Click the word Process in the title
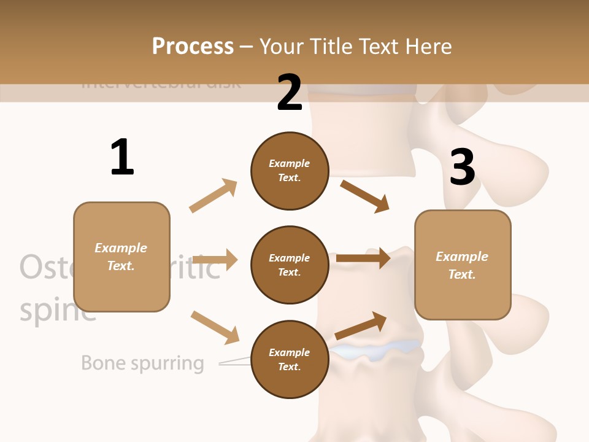(x=193, y=47)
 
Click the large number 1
(x=122, y=157)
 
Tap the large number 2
(x=290, y=93)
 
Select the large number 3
(x=462, y=167)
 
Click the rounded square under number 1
(x=121, y=257)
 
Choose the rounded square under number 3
(x=463, y=265)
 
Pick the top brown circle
(x=290, y=171)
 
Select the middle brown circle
(x=290, y=265)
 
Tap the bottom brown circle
(x=290, y=359)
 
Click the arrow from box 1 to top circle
(x=214, y=196)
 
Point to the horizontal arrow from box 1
(x=214, y=260)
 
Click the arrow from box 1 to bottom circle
(x=214, y=327)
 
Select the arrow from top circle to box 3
(x=364, y=196)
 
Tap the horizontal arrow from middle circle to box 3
(x=363, y=258)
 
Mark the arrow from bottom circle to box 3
(x=361, y=326)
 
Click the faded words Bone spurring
(x=142, y=363)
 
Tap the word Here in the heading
(x=427, y=47)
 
